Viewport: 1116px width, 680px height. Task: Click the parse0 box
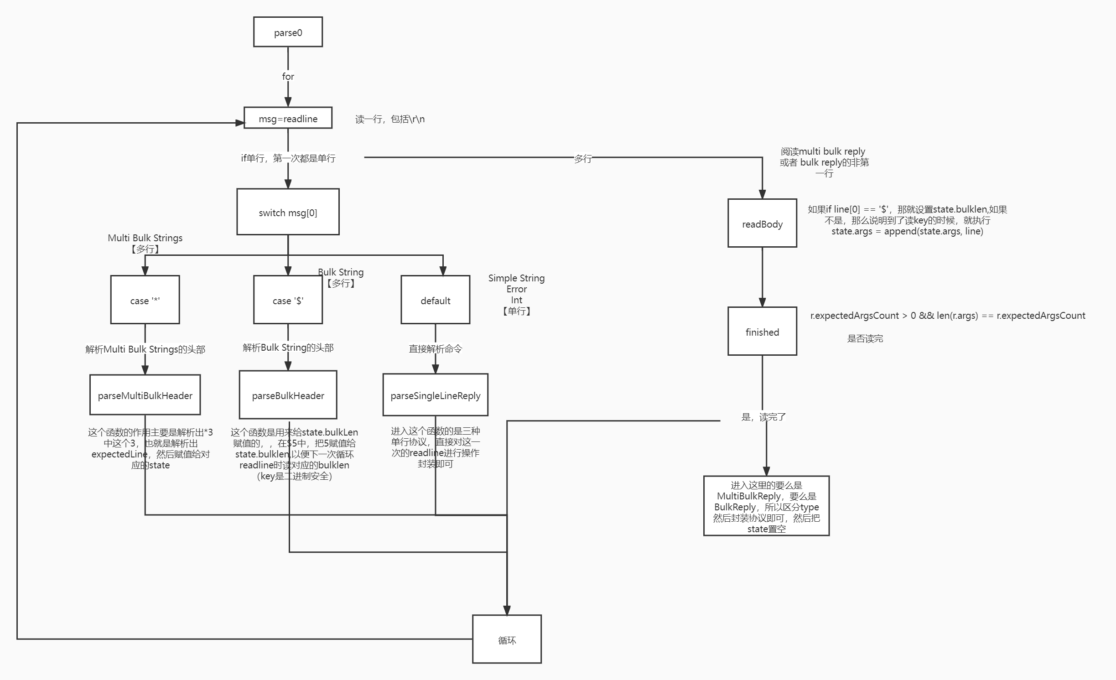[x=288, y=32]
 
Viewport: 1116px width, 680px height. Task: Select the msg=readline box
[x=288, y=119]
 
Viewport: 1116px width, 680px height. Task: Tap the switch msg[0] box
[x=288, y=213]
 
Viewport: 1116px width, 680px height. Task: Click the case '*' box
[x=145, y=300]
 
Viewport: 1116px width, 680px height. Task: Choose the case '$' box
[x=288, y=300]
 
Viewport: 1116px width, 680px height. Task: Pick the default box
[x=435, y=300]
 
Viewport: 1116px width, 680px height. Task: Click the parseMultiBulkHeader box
[x=145, y=395]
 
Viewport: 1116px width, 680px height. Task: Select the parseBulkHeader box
[x=288, y=395]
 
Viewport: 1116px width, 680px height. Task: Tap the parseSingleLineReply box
[x=435, y=395]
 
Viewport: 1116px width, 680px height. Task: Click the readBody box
[x=762, y=224]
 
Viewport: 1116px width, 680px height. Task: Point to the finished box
[x=762, y=332]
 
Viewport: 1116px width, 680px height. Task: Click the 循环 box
[x=507, y=640]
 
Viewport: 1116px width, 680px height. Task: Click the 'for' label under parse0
[x=288, y=77]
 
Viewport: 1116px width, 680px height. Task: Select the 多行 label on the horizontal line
[x=582, y=159]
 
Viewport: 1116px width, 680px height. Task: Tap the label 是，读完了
[x=763, y=417]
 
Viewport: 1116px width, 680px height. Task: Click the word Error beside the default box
[x=516, y=289]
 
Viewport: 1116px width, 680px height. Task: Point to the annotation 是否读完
[x=865, y=338]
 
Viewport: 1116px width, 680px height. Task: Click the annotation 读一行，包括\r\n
[x=389, y=119]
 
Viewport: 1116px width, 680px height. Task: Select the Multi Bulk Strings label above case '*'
[x=145, y=238]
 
